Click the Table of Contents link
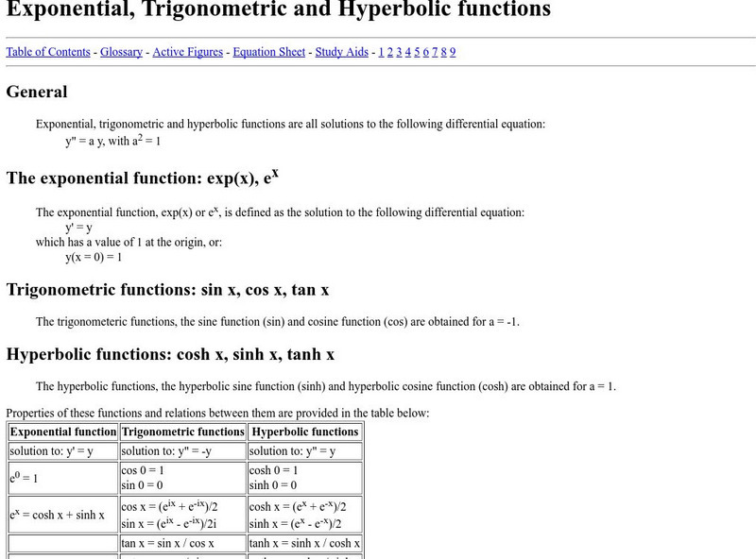(x=48, y=52)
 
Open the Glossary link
(x=122, y=52)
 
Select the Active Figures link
(x=187, y=52)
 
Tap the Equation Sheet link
(x=268, y=52)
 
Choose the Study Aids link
(x=341, y=52)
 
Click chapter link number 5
(x=417, y=52)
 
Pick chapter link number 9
(x=453, y=52)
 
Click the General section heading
(x=37, y=92)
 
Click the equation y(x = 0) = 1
(x=94, y=257)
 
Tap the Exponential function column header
(x=63, y=432)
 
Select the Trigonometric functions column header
(x=182, y=432)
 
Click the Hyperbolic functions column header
(x=305, y=432)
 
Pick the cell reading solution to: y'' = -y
(x=166, y=450)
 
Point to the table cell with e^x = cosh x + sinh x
(x=58, y=516)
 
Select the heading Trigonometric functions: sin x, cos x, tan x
(x=167, y=289)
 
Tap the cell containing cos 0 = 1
(x=143, y=470)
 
